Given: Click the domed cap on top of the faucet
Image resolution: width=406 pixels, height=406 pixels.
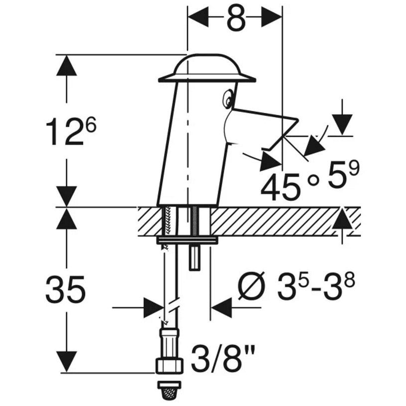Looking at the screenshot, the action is [207, 68].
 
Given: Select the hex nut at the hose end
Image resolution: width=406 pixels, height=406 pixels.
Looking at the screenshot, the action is [169, 366].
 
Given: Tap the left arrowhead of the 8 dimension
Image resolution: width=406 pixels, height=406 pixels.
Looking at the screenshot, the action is [198, 17].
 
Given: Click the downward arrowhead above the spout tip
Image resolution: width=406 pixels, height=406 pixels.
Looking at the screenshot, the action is [342, 125].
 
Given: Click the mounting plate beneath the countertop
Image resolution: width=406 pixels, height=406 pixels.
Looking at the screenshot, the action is [187, 241].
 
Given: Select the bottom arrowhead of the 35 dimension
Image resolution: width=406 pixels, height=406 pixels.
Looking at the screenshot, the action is [67, 362].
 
